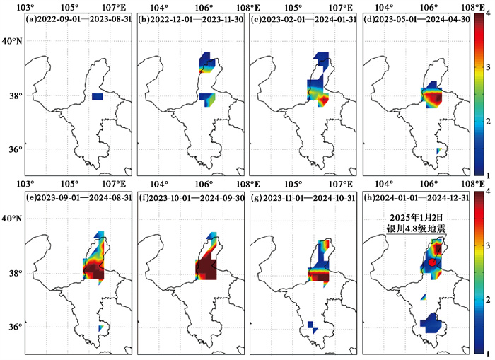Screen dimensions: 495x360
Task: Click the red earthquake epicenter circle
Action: pyautogui.click(x=432, y=262)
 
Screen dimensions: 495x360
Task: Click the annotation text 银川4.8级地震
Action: pyautogui.click(x=417, y=228)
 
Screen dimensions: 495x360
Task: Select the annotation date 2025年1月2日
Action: pyautogui.click(x=417, y=218)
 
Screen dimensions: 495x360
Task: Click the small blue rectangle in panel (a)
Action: pyautogui.click(x=98, y=97)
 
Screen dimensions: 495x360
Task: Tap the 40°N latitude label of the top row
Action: pyautogui.click(x=12, y=41)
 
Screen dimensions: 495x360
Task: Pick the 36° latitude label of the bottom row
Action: pyautogui.click(x=15, y=327)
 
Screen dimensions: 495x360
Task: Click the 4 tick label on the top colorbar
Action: pyautogui.click(x=488, y=13)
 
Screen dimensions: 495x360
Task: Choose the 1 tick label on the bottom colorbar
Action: pyautogui.click(x=488, y=354)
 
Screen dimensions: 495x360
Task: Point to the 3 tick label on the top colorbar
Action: pyautogui.click(x=488, y=67)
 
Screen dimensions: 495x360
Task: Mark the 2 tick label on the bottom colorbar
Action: pyautogui.click(x=488, y=299)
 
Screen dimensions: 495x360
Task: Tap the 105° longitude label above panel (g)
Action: pyautogui.click(x=294, y=185)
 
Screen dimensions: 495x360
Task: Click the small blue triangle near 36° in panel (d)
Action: pyautogui.click(x=438, y=151)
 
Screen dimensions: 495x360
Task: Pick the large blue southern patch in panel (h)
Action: pyautogui.click(x=431, y=323)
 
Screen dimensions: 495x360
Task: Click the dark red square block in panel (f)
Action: pyautogui.click(x=206, y=269)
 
